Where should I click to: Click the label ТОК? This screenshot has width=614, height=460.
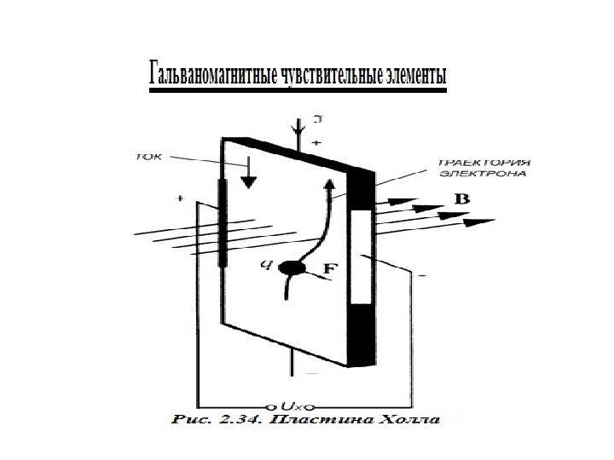[x=149, y=157]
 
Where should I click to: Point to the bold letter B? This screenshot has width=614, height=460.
[x=461, y=198]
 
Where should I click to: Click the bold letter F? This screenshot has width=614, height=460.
[x=329, y=269]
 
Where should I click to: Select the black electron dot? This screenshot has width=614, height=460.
[x=293, y=267]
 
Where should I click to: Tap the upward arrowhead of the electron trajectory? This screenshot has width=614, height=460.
[x=330, y=183]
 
